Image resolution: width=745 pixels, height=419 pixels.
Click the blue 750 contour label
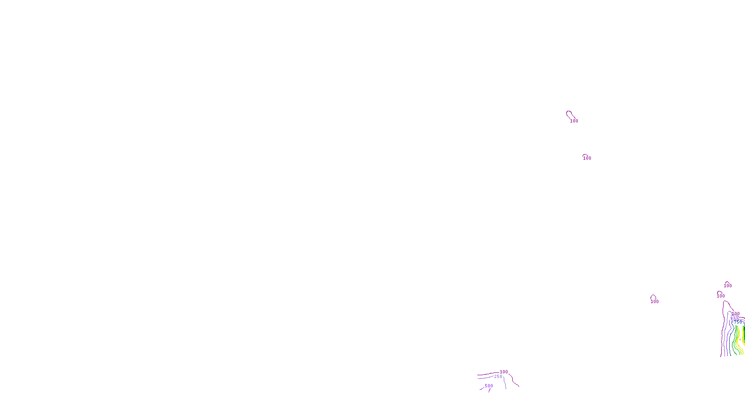(738, 322)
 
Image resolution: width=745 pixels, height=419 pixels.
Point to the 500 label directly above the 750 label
(735, 319)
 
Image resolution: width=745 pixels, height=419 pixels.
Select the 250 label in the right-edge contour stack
(734, 317)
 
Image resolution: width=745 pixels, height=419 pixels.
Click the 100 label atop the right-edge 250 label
(736, 313)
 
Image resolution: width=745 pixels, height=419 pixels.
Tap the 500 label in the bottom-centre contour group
(489, 385)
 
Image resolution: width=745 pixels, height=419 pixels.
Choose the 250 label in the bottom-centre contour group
(498, 376)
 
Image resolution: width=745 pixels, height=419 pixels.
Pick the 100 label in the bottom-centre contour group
(504, 372)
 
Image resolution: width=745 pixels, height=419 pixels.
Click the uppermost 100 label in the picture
(574, 121)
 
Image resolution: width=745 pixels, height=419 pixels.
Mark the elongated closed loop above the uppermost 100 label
(569, 114)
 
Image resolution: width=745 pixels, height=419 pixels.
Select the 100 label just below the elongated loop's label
(587, 158)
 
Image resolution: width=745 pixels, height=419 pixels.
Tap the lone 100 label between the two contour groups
(655, 301)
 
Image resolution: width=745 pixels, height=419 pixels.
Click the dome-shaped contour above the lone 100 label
(653, 297)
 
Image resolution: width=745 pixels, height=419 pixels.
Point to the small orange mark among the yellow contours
(740, 339)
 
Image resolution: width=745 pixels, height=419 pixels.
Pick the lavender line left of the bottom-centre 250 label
(484, 378)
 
